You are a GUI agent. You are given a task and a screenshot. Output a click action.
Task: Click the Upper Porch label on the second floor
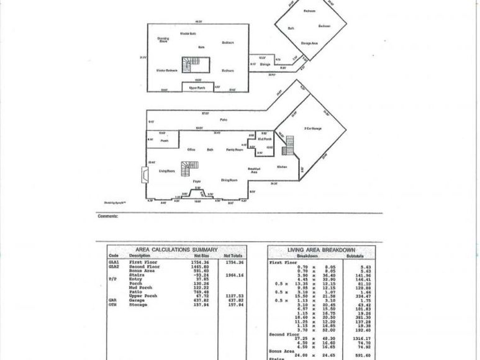[197, 88]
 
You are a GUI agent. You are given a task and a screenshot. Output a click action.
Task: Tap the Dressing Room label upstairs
[163, 40]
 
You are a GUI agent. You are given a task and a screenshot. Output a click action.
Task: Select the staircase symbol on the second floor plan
[188, 64]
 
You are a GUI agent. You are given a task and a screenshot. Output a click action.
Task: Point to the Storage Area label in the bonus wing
[310, 43]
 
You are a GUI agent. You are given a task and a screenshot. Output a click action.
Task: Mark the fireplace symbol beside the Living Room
[144, 174]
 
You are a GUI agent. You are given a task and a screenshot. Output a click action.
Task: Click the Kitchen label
[281, 167]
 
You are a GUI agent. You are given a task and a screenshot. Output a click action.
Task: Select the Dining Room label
[230, 180]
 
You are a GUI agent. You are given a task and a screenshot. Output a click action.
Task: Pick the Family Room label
[234, 150]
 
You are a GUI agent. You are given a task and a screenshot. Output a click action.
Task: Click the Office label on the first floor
[191, 150]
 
